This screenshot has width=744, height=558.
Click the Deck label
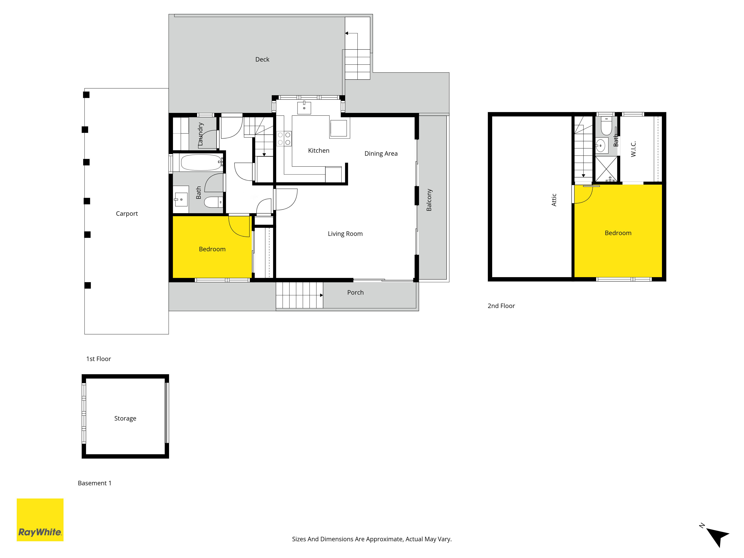262,60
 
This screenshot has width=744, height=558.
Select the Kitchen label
318,151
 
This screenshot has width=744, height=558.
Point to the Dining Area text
381,154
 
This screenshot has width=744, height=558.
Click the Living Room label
345,234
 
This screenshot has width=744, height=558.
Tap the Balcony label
429,200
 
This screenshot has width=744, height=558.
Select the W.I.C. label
633,149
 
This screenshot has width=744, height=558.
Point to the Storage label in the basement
125,418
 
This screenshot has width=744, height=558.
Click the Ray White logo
40,520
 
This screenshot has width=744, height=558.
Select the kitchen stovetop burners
284,139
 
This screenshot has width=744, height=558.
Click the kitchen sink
304,108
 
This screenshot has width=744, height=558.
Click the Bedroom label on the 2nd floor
618,233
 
